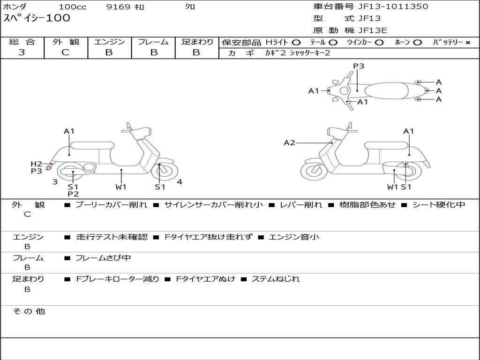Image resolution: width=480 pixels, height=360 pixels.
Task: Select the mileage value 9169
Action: pos(118,7)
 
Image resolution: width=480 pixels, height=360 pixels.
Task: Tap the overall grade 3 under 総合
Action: pos(22,52)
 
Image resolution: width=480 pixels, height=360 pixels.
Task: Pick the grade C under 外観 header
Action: pos(65,52)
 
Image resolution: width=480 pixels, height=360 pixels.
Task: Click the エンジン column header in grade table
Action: pos(109,42)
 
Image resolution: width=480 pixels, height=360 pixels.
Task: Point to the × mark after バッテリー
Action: pos(467,43)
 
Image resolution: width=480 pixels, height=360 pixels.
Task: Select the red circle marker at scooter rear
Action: pos(49,168)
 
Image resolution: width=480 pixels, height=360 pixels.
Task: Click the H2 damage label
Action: pos(36,164)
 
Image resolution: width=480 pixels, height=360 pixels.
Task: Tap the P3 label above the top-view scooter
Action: pos(359,66)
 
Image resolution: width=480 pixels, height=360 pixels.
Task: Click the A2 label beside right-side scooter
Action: pos(290,142)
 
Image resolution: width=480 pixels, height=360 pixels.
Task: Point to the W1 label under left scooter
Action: pos(121,187)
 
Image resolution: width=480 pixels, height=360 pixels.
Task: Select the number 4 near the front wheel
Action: pos(180,182)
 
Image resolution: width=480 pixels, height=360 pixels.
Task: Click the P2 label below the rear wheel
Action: pos(73,194)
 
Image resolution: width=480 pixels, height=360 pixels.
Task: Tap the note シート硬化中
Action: pos(439,205)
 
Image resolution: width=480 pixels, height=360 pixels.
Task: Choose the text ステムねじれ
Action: pos(276,279)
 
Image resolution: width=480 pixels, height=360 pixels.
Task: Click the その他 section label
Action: pos(29,311)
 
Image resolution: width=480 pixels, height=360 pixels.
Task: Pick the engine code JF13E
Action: pos(373,30)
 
